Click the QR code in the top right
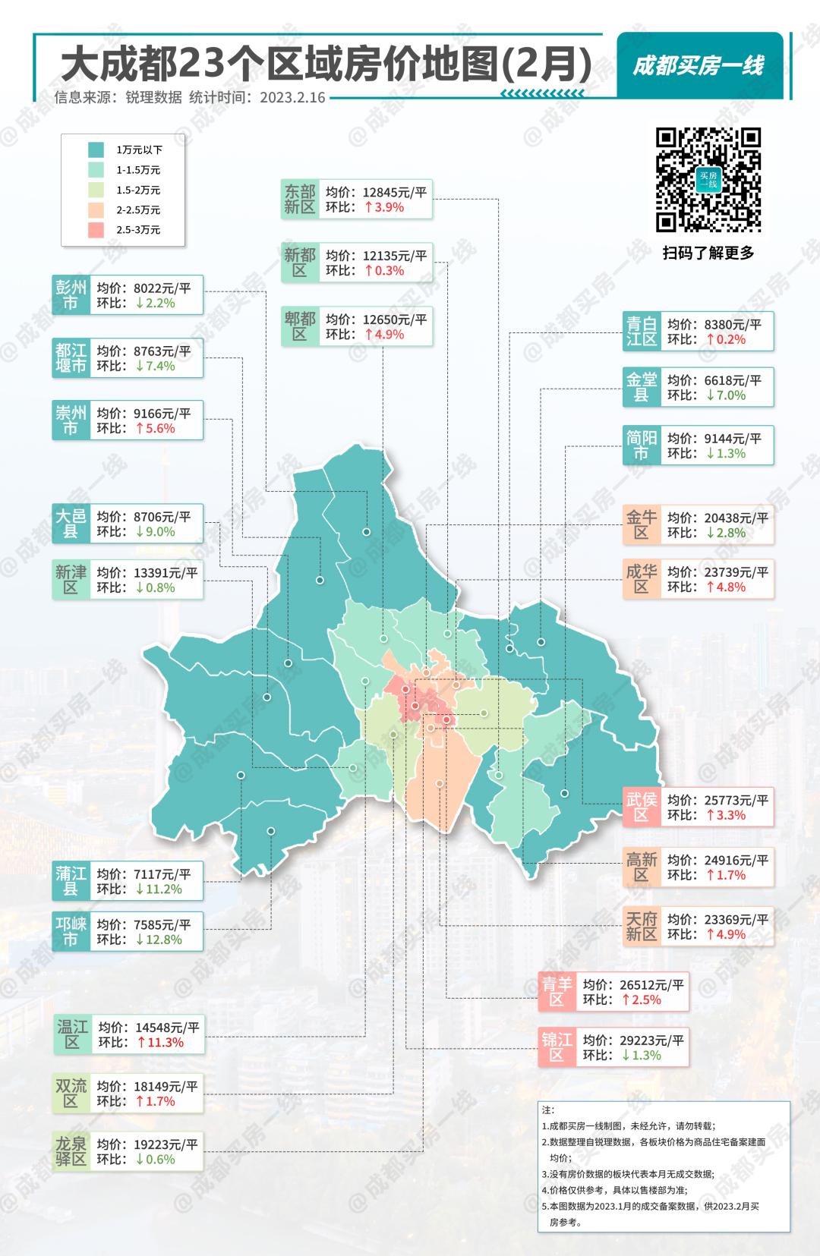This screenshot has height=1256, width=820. click(708, 180)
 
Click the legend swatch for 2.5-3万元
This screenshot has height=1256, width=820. click(96, 230)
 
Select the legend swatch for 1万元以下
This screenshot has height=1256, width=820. click(96, 150)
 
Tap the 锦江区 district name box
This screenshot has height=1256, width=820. click(557, 1047)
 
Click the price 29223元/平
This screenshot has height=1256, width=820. click(633, 1040)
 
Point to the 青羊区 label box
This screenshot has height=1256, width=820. click(557, 992)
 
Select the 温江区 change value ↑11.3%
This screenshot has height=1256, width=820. click(160, 1043)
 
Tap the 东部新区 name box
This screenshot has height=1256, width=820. click(299, 199)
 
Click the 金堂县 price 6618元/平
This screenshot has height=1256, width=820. click(714, 380)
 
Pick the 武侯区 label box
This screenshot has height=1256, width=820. click(641, 807)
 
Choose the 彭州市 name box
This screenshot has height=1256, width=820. click(71, 294)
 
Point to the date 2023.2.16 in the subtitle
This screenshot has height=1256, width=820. click(292, 97)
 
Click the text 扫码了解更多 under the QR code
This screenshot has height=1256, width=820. click(708, 253)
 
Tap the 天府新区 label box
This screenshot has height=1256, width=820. click(641, 926)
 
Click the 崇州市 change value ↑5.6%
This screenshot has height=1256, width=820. click(156, 428)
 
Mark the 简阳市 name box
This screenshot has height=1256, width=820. click(641, 445)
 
